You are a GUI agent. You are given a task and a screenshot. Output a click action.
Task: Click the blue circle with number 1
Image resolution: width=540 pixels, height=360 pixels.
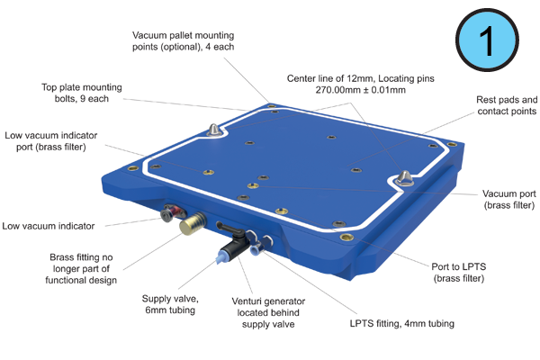click(x=487, y=40)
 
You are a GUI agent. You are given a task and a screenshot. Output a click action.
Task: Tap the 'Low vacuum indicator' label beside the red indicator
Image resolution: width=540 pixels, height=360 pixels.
click(x=49, y=226)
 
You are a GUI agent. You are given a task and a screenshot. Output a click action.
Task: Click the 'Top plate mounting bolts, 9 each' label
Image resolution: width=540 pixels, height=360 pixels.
click(x=82, y=93)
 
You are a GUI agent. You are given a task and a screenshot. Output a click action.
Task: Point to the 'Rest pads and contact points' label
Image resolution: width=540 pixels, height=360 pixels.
click(x=507, y=105)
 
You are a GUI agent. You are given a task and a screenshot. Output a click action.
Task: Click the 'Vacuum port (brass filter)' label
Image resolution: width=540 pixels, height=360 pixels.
click(x=509, y=200)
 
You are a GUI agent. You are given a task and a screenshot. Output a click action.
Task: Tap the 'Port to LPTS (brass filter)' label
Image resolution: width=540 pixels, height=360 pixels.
click(x=459, y=272)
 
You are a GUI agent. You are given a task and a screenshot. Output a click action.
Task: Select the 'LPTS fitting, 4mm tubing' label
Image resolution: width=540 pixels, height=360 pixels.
click(x=402, y=323)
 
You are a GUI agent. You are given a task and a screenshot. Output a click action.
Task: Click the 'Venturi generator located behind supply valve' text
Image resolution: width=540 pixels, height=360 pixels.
click(x=268, y=312)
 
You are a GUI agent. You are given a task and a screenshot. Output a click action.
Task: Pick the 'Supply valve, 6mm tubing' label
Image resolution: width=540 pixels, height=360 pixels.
click(x=170, y=304)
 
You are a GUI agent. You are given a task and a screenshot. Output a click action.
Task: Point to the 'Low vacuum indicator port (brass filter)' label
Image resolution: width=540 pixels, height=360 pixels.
click(x=51, y=141)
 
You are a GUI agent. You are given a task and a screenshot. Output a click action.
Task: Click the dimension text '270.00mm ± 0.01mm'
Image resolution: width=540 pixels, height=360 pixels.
click(x=361, y=90)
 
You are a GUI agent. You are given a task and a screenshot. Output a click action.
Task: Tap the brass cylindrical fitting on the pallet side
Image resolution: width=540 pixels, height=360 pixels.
click(x=193, y=223)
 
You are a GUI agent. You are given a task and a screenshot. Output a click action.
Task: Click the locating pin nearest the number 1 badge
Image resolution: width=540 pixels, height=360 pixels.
click(x=405, y=178)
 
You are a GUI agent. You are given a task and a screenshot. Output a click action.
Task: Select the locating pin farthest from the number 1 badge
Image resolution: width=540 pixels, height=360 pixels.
click(x=214, y=130)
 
